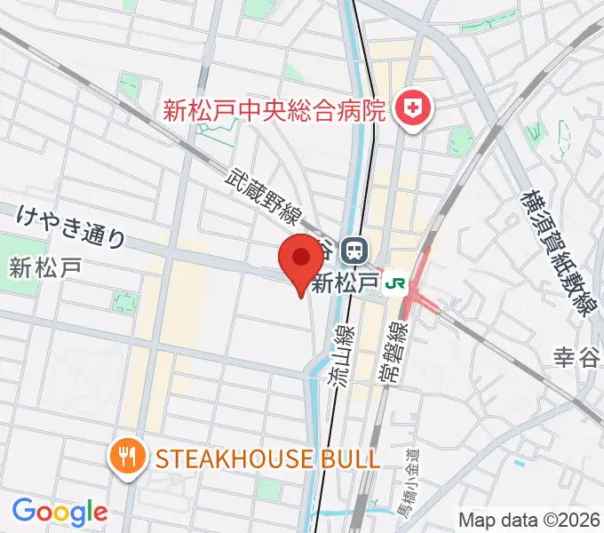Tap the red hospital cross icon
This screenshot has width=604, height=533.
click(x=412, y=110)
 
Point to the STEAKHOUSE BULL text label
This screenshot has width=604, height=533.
click(x=267, y=458)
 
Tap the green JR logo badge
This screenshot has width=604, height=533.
click(x=395, y=283)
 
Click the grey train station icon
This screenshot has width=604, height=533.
click(x=355, y=249)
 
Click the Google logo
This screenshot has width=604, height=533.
click(x=60, y=511)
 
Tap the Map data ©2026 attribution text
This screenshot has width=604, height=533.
click(x=529, y=520)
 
